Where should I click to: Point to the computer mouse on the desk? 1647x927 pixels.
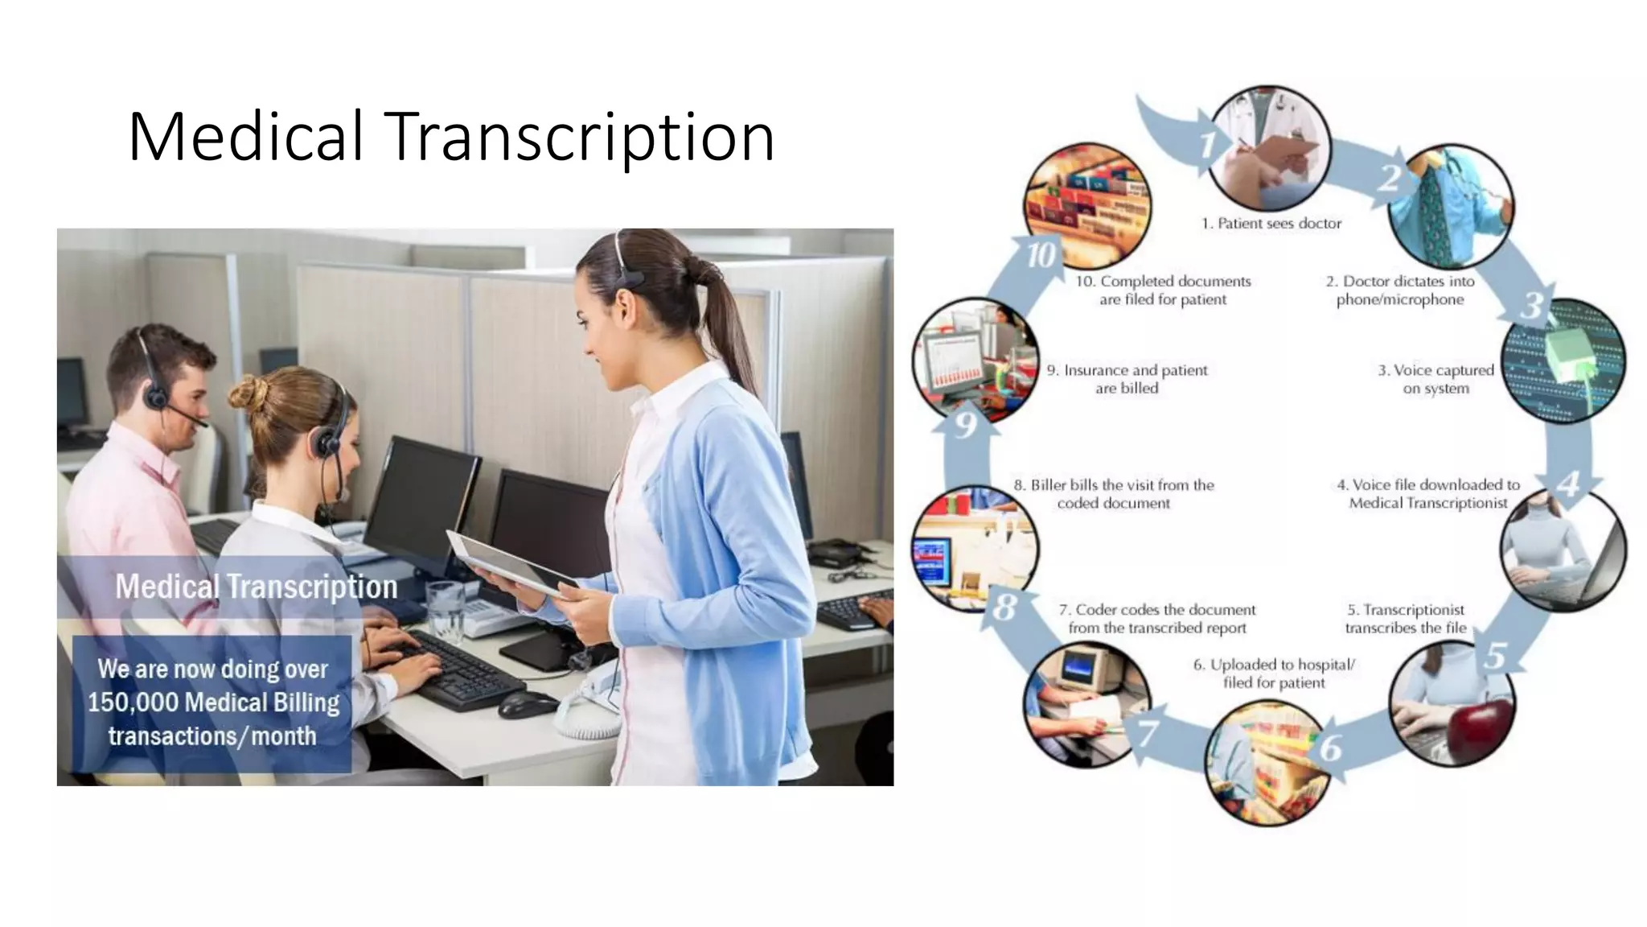pos(527,704)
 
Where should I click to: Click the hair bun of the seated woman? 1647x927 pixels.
pos(248,393)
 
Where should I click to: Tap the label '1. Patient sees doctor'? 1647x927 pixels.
pos(1271,224)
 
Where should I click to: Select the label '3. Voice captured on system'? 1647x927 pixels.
pos(1435,379)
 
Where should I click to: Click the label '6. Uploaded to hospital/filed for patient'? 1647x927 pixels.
pos(1274,674)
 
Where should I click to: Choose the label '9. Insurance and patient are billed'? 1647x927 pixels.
pos(1127,379)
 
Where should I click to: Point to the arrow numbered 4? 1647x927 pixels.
pos(1568,482)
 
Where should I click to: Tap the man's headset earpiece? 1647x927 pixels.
pos(155,395)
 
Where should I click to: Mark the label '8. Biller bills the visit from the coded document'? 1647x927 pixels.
pos(1114,494)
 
